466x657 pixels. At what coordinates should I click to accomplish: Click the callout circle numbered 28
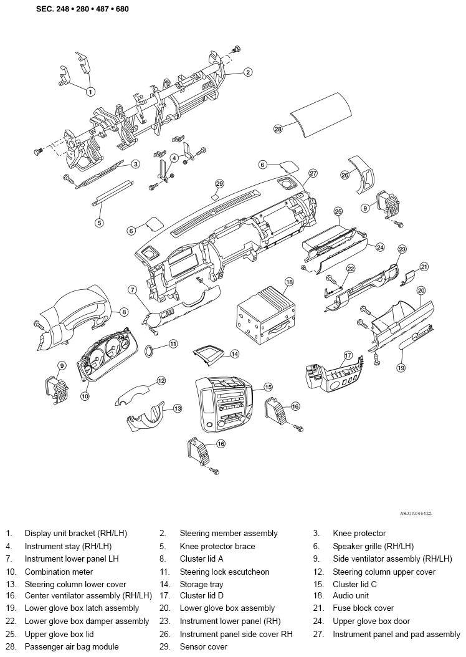tap(278, 129)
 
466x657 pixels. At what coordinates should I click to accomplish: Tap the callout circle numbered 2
tap(249, 72)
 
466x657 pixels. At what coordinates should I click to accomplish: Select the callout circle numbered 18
tap(289, 282)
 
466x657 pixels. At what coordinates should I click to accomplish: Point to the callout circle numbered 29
tap(219, 183)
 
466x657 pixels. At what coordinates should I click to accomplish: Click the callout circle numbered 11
tap(173, 344)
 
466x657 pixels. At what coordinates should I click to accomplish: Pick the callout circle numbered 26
tap(345, 176)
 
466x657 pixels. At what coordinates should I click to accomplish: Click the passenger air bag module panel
tap(321, 113)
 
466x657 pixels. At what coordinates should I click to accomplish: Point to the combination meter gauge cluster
tap(107, 355)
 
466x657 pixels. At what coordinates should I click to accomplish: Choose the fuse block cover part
tap(407, 278)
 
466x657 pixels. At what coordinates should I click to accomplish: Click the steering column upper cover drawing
tap(133, 395)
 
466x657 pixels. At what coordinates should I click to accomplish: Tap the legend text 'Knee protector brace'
tap(217, 547)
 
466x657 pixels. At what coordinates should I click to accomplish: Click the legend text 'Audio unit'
tap(351, 595)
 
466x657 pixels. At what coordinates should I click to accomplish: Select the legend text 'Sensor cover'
tap(204, 647)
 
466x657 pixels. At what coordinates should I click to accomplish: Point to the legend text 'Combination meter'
tap(59, 572)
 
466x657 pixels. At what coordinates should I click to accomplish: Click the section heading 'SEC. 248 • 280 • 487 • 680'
tap(82, 9)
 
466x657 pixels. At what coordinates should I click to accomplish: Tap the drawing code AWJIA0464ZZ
tap(416, 513)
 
